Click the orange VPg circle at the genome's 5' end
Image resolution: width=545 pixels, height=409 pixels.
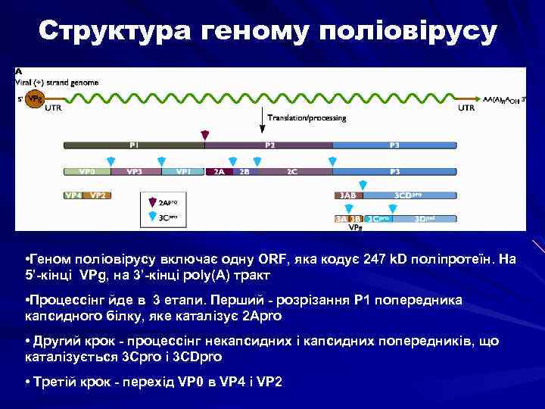tap(34, 99)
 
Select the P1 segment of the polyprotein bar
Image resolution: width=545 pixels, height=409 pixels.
tap(134, 145)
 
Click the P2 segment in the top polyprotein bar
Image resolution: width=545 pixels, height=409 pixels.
tap(269, 145)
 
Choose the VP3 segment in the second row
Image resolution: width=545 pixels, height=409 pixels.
tap(134, 172)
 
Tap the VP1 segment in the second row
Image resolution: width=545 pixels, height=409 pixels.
tap(182, 172)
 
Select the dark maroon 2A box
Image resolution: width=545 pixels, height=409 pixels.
tap(218, 172)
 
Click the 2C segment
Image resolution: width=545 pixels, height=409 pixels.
tap(291, 172)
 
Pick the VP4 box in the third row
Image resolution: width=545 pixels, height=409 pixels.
tap(73, 195)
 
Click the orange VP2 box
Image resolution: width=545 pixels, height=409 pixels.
tap(98, 195)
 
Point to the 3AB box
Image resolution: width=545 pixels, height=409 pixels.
tap(347, 195)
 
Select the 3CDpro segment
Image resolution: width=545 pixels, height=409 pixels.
tap(409, 195)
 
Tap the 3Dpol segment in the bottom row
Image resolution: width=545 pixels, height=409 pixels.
tap(424, 219)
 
